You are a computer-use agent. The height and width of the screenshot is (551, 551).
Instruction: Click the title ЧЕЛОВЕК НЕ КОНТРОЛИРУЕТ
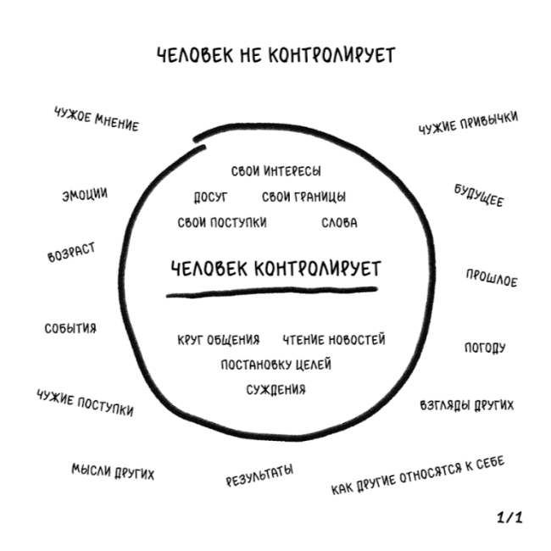coord(275,56)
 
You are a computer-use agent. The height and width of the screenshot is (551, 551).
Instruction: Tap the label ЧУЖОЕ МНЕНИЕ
coord(95,120)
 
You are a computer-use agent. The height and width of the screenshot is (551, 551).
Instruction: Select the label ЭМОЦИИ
coord(84,194)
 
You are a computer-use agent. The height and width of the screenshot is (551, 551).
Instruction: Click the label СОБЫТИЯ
coord(70,328)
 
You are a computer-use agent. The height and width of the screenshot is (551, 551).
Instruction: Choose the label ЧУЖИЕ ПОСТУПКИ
coord(85,402)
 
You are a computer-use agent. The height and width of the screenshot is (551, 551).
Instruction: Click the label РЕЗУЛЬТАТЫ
coord(259,476)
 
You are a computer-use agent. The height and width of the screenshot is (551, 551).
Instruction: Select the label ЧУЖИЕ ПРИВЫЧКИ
coord(468,124)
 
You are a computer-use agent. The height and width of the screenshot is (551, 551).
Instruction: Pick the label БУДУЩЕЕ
coord(478,196)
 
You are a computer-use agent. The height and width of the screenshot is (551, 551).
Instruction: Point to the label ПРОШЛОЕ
coord(491,277)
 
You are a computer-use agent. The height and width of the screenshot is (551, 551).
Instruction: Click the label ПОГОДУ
coord(485,348)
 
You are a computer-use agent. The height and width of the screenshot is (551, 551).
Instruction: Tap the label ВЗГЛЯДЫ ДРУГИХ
coord(466,405)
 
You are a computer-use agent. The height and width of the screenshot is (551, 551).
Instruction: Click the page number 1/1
coord(509,517)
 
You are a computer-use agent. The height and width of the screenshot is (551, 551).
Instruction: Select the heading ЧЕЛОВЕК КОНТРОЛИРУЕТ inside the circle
coord(275,269)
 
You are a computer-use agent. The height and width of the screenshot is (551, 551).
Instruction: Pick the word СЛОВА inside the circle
coord(339,223)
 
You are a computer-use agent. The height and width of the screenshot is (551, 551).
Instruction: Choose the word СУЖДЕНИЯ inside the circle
coord(275,390)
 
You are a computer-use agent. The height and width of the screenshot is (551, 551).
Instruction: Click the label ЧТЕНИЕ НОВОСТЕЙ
coord(334,340)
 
